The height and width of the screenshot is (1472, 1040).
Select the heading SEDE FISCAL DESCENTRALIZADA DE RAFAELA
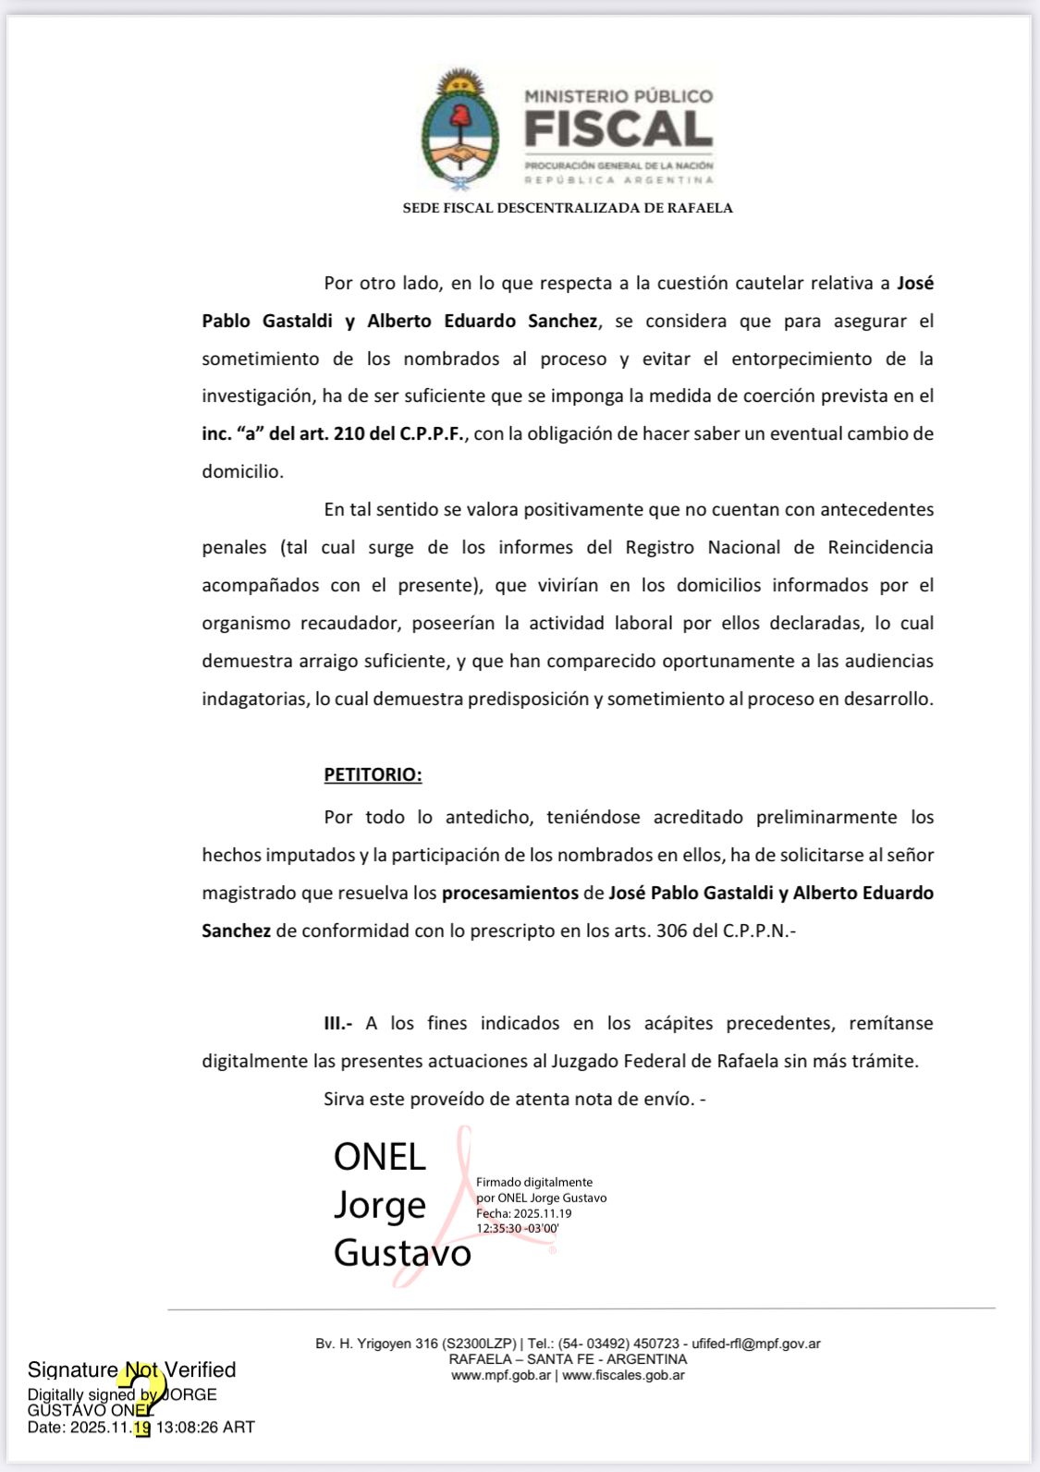tap(568, 208)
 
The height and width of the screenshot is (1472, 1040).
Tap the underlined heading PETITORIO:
tap(373, 774)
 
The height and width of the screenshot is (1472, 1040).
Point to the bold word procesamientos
tap(509, 893)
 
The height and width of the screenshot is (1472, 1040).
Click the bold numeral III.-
tap(337, 1023)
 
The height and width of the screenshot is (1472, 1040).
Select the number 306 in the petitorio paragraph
tap(671, 931)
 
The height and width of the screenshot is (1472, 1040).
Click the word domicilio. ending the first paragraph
tap(242, 471)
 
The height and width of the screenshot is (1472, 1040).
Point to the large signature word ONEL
tap(379, 1157)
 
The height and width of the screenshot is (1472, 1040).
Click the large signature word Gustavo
tap(402, 1253)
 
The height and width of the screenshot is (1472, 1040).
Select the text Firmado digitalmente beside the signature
tap(534, 1182)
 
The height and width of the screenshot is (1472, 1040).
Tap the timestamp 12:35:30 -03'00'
tap(518, 1229)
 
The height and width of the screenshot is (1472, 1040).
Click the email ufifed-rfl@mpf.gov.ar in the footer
tap(756, 1344)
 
